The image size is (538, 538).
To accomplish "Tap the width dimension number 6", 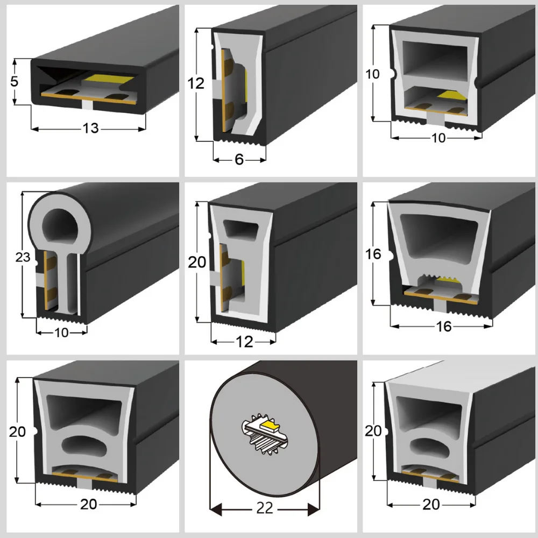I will tap(239, 160).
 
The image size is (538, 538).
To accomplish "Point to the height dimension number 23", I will tap(23, 258).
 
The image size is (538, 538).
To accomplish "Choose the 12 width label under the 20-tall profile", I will tap(244, 342).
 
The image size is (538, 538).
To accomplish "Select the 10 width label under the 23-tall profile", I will tap(62, 332).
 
